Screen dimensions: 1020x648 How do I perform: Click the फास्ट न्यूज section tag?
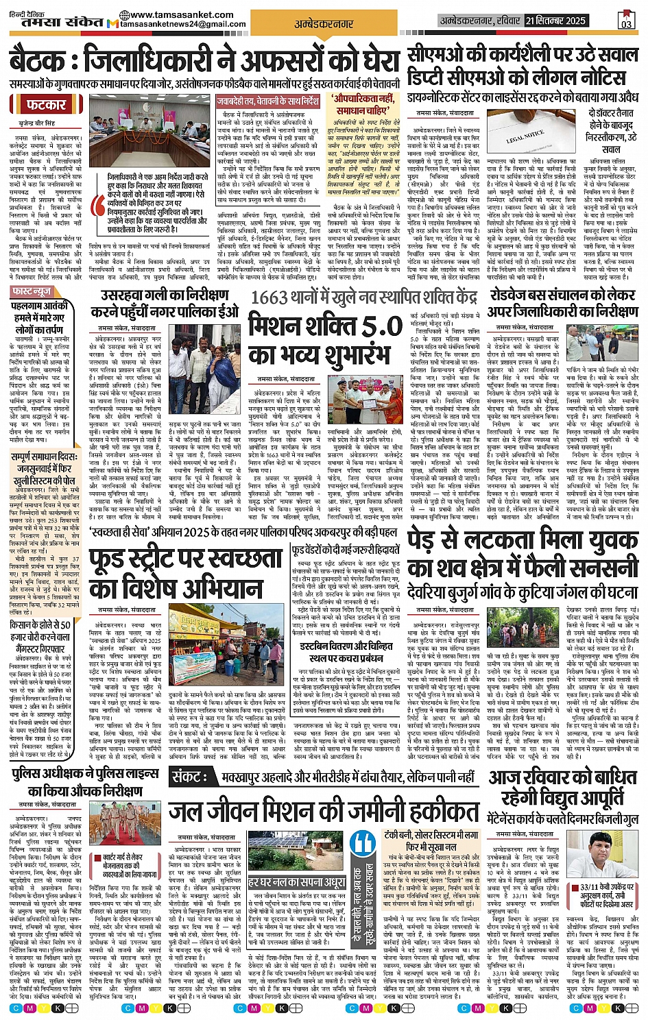(x=32, y=292)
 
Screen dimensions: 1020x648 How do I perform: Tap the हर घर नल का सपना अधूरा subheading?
(x=296, y=882)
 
